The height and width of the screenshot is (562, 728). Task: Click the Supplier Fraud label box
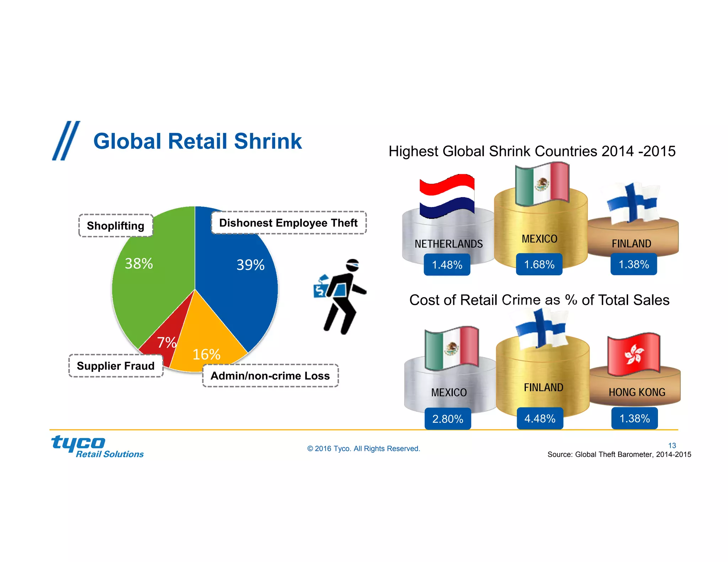click(x=116, y=366)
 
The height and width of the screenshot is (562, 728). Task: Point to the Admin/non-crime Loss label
click(x=270, y=375)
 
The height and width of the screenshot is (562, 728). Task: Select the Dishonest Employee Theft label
click(x=288, y=223)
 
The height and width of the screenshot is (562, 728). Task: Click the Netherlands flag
click(x=447, y=196)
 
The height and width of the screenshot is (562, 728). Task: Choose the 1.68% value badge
click(x=539, y=264)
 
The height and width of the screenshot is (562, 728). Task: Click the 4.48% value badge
click(x=540, y=418)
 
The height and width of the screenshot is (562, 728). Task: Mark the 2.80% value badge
click(x=448, y=419)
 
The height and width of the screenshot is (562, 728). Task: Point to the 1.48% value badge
click(x=447, y=265)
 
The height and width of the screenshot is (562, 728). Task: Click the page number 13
click(x=672, y=445)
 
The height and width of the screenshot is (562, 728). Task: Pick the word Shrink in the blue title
click(x=268, y=141)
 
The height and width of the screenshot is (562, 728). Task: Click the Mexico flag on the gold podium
click(x=542, y=184)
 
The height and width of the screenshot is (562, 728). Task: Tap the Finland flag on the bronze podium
click(x=633, y=202)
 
